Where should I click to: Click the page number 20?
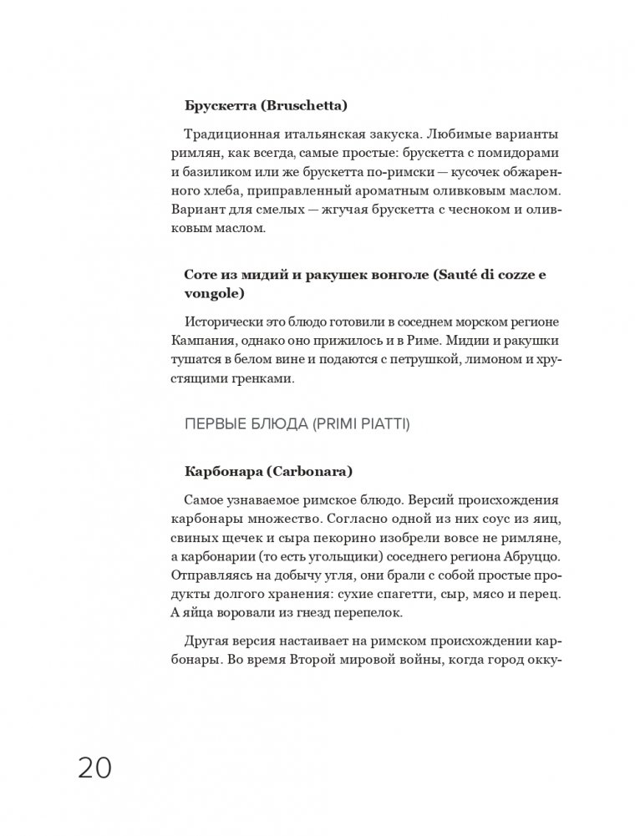coord(94,766)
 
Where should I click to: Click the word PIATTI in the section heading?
coord(382,425)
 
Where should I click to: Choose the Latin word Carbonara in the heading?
coord(310,472)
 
